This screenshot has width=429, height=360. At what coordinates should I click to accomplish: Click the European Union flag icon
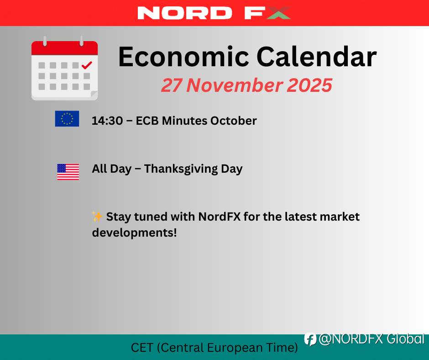67,119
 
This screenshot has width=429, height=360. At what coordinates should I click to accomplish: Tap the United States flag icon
68,172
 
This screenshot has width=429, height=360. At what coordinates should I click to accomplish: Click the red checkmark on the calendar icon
87,65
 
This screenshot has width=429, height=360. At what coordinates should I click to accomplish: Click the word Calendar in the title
317,57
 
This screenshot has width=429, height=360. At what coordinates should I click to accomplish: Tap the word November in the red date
234,85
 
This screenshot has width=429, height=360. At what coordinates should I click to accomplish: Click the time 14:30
107,121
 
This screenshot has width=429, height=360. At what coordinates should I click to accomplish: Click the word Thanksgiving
181,169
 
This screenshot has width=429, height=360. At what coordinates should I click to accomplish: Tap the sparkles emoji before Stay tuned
97,216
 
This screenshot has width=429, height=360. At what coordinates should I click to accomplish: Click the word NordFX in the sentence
220,217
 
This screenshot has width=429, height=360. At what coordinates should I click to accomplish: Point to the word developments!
134,233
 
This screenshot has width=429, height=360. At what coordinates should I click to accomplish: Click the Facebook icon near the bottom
310,339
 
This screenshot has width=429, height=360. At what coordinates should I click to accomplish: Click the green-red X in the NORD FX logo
278,13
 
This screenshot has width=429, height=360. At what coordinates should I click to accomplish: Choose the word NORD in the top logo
185,13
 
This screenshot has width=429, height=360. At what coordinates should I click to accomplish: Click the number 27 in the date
172,85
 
